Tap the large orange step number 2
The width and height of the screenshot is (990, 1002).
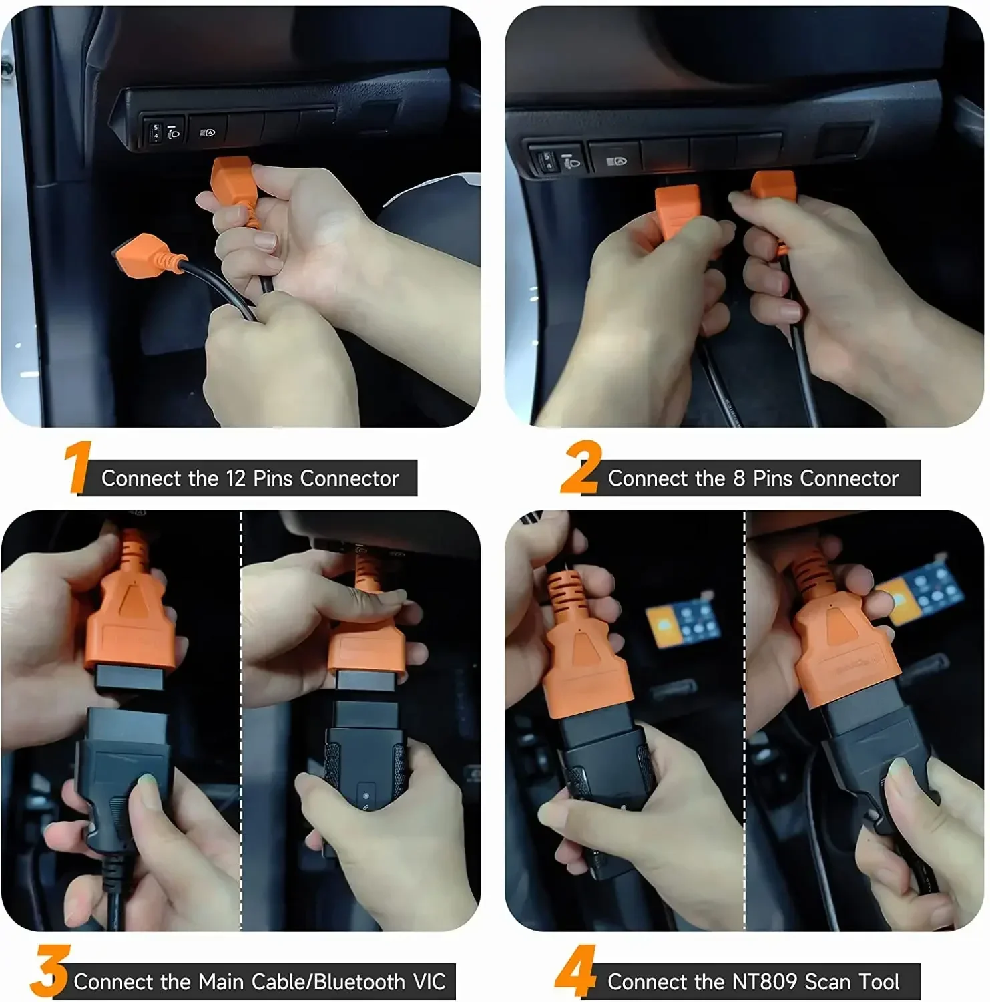click(x=580, y=467)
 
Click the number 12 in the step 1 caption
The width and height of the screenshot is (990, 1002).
click(x=236, y=478)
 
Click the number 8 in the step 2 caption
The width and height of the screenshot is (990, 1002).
click(x=739, y=478)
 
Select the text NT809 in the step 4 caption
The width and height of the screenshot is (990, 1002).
click(x=765, y=981)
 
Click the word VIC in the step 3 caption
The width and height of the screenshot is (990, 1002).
click(x=429, y=981)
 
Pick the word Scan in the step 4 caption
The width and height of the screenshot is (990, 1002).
click(x=828, y=981)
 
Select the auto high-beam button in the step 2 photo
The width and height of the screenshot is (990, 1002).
click(x=615, y=161)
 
